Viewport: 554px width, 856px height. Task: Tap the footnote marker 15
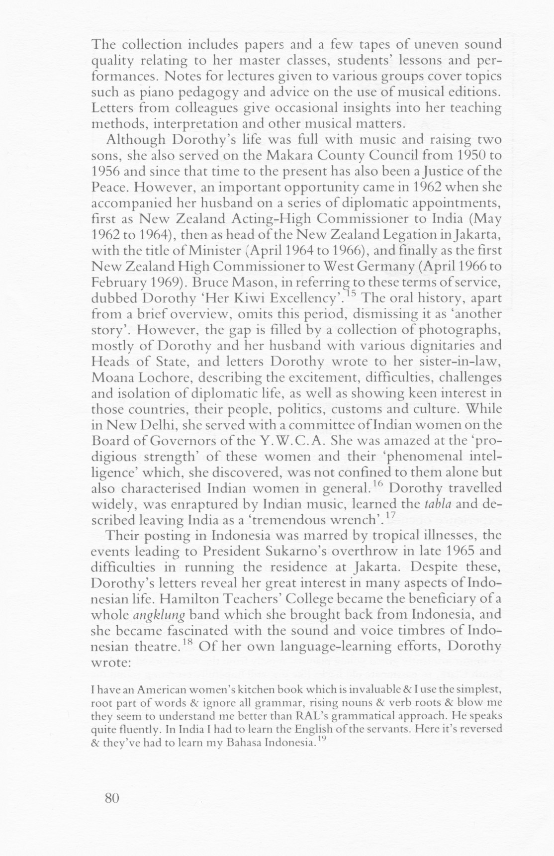click(351, 294)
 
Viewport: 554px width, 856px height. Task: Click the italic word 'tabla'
click(437, 503)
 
